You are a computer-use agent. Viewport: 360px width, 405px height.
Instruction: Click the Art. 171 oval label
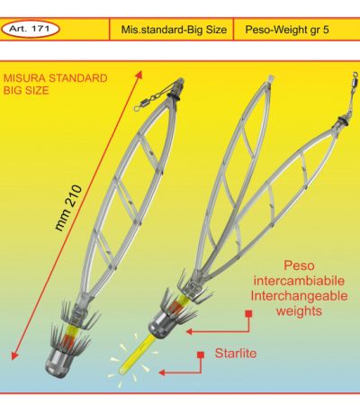point(31,29)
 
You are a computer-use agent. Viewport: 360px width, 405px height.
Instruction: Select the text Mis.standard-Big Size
point(174,30)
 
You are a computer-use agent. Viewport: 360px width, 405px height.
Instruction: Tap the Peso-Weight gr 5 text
point(287,30)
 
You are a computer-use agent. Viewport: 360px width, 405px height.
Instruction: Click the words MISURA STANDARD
point(56,78)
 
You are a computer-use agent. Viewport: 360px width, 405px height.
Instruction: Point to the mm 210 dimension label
point(68,208)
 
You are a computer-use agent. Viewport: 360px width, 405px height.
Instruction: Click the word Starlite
point(236,353)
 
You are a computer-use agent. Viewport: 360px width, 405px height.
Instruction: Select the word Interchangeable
point(300,296)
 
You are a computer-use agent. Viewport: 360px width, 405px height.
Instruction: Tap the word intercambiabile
point(299,281)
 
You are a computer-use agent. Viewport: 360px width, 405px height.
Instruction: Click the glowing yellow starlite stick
point(137,355)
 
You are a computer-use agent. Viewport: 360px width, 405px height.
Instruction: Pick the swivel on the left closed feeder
point(150,98)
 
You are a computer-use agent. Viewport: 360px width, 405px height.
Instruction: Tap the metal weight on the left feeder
point(58,363)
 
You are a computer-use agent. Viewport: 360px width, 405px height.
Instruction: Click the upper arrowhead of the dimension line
point(139,75)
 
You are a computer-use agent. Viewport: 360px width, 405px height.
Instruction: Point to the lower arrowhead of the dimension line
point(14,355)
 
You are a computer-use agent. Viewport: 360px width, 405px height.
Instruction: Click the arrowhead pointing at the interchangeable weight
point(189,331)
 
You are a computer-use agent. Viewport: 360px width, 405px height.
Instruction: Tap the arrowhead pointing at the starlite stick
point(162,373)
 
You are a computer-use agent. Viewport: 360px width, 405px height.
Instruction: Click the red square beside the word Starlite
point(201,355)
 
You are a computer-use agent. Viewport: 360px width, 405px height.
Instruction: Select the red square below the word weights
point(248,314)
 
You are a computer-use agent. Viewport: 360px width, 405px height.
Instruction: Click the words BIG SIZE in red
point(26,91)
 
